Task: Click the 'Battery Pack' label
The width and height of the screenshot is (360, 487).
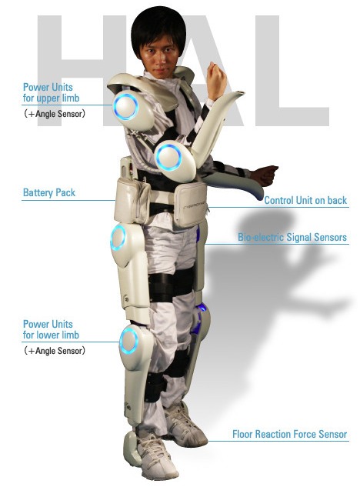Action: [x=49, y=193]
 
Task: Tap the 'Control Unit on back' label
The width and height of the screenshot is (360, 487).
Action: [x=305, y=200]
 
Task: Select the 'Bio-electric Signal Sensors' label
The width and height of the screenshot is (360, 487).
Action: [x=292, y=237]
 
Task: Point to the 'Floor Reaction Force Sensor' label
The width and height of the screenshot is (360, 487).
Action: [x=289, y=434]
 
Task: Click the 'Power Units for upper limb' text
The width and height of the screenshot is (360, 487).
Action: [x=52, y=92]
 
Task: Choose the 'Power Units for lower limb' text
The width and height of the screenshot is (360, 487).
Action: [x=52, y=329]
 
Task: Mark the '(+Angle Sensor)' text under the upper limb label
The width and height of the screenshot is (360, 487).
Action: [x=55, y=114]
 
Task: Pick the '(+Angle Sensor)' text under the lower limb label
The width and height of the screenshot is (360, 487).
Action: [x=55, y=351]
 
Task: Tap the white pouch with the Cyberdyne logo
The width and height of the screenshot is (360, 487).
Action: [x=190, y=205]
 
